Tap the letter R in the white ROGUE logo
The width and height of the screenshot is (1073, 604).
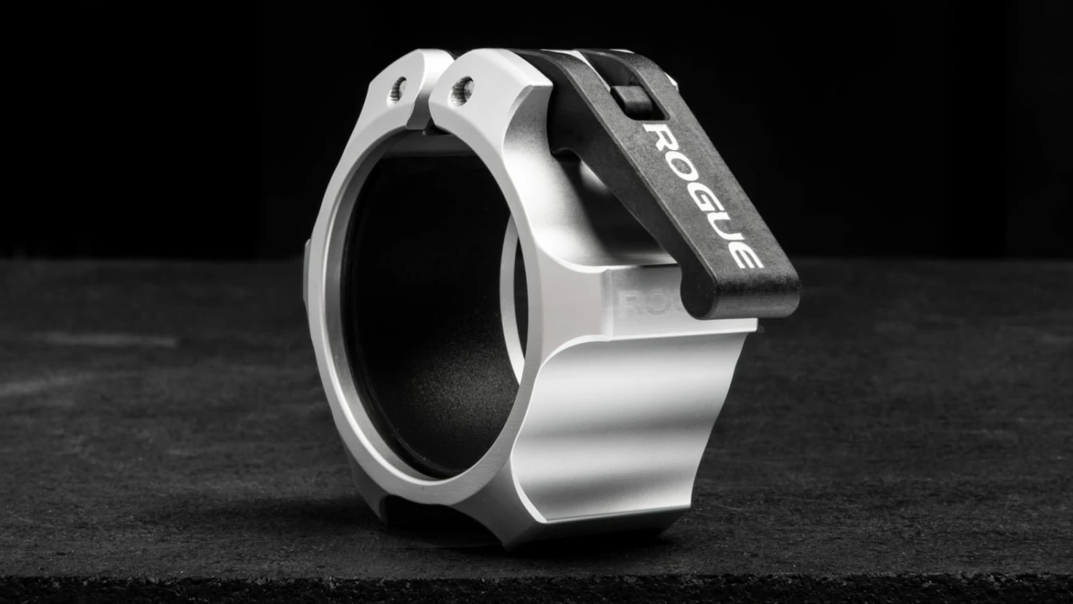pyautogui.click(x=660, y=137)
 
